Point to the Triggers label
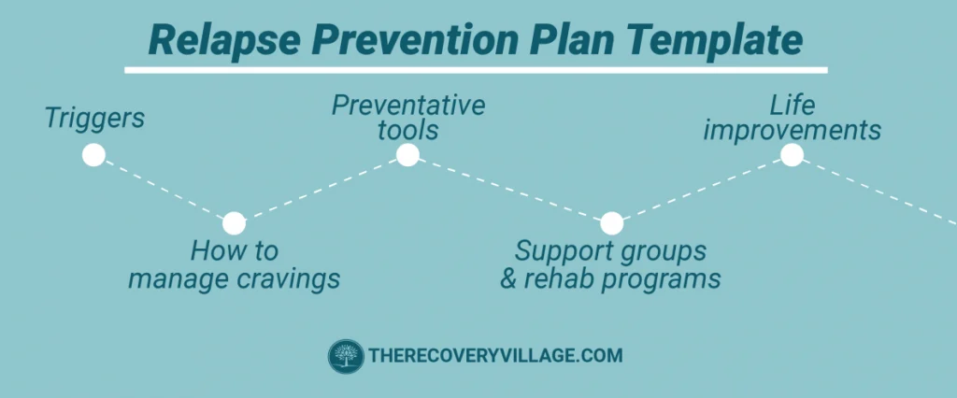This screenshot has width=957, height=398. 94,119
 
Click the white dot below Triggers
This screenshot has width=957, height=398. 93,155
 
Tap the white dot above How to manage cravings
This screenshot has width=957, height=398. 234,223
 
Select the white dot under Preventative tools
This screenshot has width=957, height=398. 407,155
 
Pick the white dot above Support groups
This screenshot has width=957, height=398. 611,223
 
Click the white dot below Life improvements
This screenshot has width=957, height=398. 792,155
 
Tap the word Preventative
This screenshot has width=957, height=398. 408,105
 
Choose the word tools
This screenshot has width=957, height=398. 408,130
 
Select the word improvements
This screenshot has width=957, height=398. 792,130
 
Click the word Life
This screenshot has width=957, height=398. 792,105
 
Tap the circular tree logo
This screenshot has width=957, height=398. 345,356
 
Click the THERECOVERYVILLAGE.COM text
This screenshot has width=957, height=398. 495,356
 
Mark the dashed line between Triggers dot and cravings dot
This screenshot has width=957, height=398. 164,190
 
